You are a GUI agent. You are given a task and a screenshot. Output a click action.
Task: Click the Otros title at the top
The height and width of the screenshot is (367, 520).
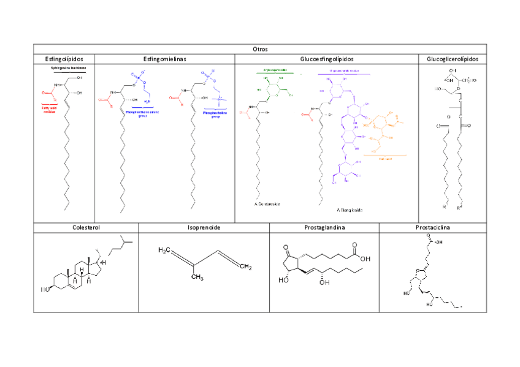[260, 48]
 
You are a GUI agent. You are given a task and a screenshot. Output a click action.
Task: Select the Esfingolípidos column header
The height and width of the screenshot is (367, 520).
[64, 59]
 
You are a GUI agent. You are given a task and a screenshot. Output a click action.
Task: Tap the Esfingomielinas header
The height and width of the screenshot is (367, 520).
[164, 59]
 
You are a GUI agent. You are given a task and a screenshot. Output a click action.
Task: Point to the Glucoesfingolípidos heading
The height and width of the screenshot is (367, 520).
[327, 59]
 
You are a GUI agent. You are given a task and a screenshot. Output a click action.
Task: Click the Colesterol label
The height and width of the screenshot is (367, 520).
[86, 227]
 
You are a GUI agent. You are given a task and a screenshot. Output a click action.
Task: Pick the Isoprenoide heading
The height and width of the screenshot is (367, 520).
[204, 227]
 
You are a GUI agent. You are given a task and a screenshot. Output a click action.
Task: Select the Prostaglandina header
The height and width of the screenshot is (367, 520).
[324, 227]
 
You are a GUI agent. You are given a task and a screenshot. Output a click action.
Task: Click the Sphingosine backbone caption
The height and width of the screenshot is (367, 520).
[69, 68]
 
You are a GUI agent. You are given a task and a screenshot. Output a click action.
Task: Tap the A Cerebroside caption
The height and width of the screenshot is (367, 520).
[267, 203]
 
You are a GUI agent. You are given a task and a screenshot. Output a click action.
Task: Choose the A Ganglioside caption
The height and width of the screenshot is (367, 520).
[350, 210]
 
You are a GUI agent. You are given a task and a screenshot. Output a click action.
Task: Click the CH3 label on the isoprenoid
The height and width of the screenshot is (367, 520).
[196, 277]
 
